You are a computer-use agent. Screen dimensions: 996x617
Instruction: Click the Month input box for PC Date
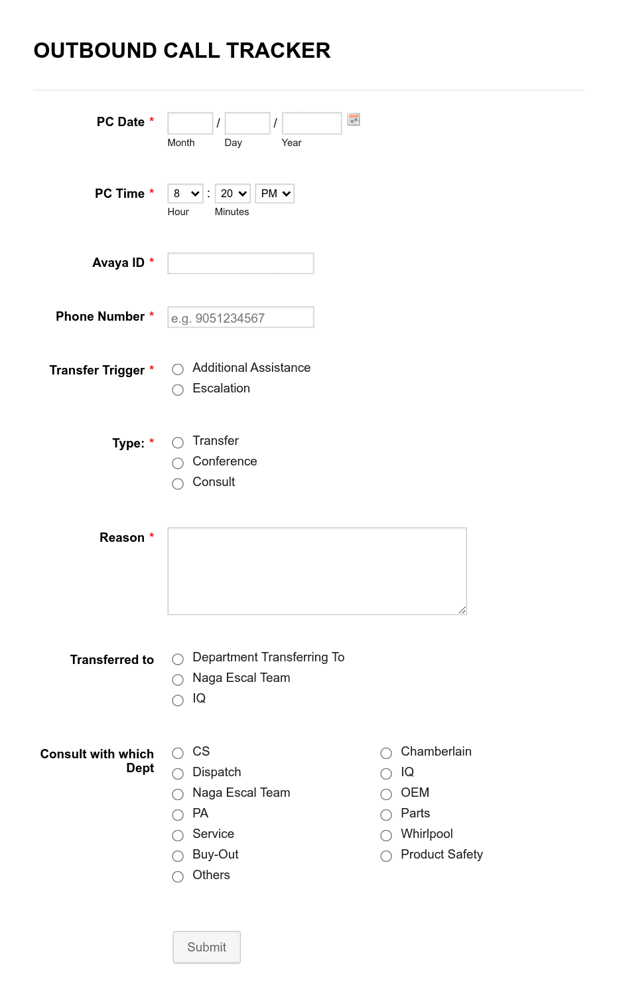[x=190, y=124]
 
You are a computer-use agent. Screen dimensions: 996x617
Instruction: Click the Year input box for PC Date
[x=311, y=124]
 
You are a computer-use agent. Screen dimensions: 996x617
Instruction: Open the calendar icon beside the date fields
[x=354, y=120]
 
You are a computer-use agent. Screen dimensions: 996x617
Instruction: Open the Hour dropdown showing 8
[x=185, y=194]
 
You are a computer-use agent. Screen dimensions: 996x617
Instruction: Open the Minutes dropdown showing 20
[x=232, y=194]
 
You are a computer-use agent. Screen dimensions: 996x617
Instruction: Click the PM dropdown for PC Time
[x=275, y=194]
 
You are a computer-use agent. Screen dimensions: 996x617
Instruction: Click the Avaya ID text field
[x=240, y=264]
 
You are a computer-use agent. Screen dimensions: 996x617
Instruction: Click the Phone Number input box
[x=240, y=317]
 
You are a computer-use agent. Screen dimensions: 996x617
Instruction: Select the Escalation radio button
[x=178, y=390]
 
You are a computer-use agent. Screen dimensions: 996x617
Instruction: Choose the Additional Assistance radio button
[x=178, y=369]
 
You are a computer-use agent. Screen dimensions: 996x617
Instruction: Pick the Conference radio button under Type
[x=178, y=463]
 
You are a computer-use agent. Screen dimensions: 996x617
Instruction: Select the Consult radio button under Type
[x=178, y=483]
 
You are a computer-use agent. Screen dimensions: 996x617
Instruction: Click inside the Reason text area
[x=316, y=571]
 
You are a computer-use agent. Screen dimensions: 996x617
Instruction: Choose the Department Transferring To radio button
[x=178, y=659]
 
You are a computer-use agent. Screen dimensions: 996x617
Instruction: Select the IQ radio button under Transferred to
[x=178, y=700]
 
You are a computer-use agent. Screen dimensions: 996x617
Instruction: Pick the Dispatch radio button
[x=178, y=774]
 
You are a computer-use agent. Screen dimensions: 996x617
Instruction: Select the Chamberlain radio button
[x=386, y=753]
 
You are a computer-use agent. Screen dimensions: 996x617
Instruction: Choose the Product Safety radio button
[x=386, y=856]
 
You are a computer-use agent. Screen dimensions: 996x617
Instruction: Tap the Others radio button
[x=178, y=876]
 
